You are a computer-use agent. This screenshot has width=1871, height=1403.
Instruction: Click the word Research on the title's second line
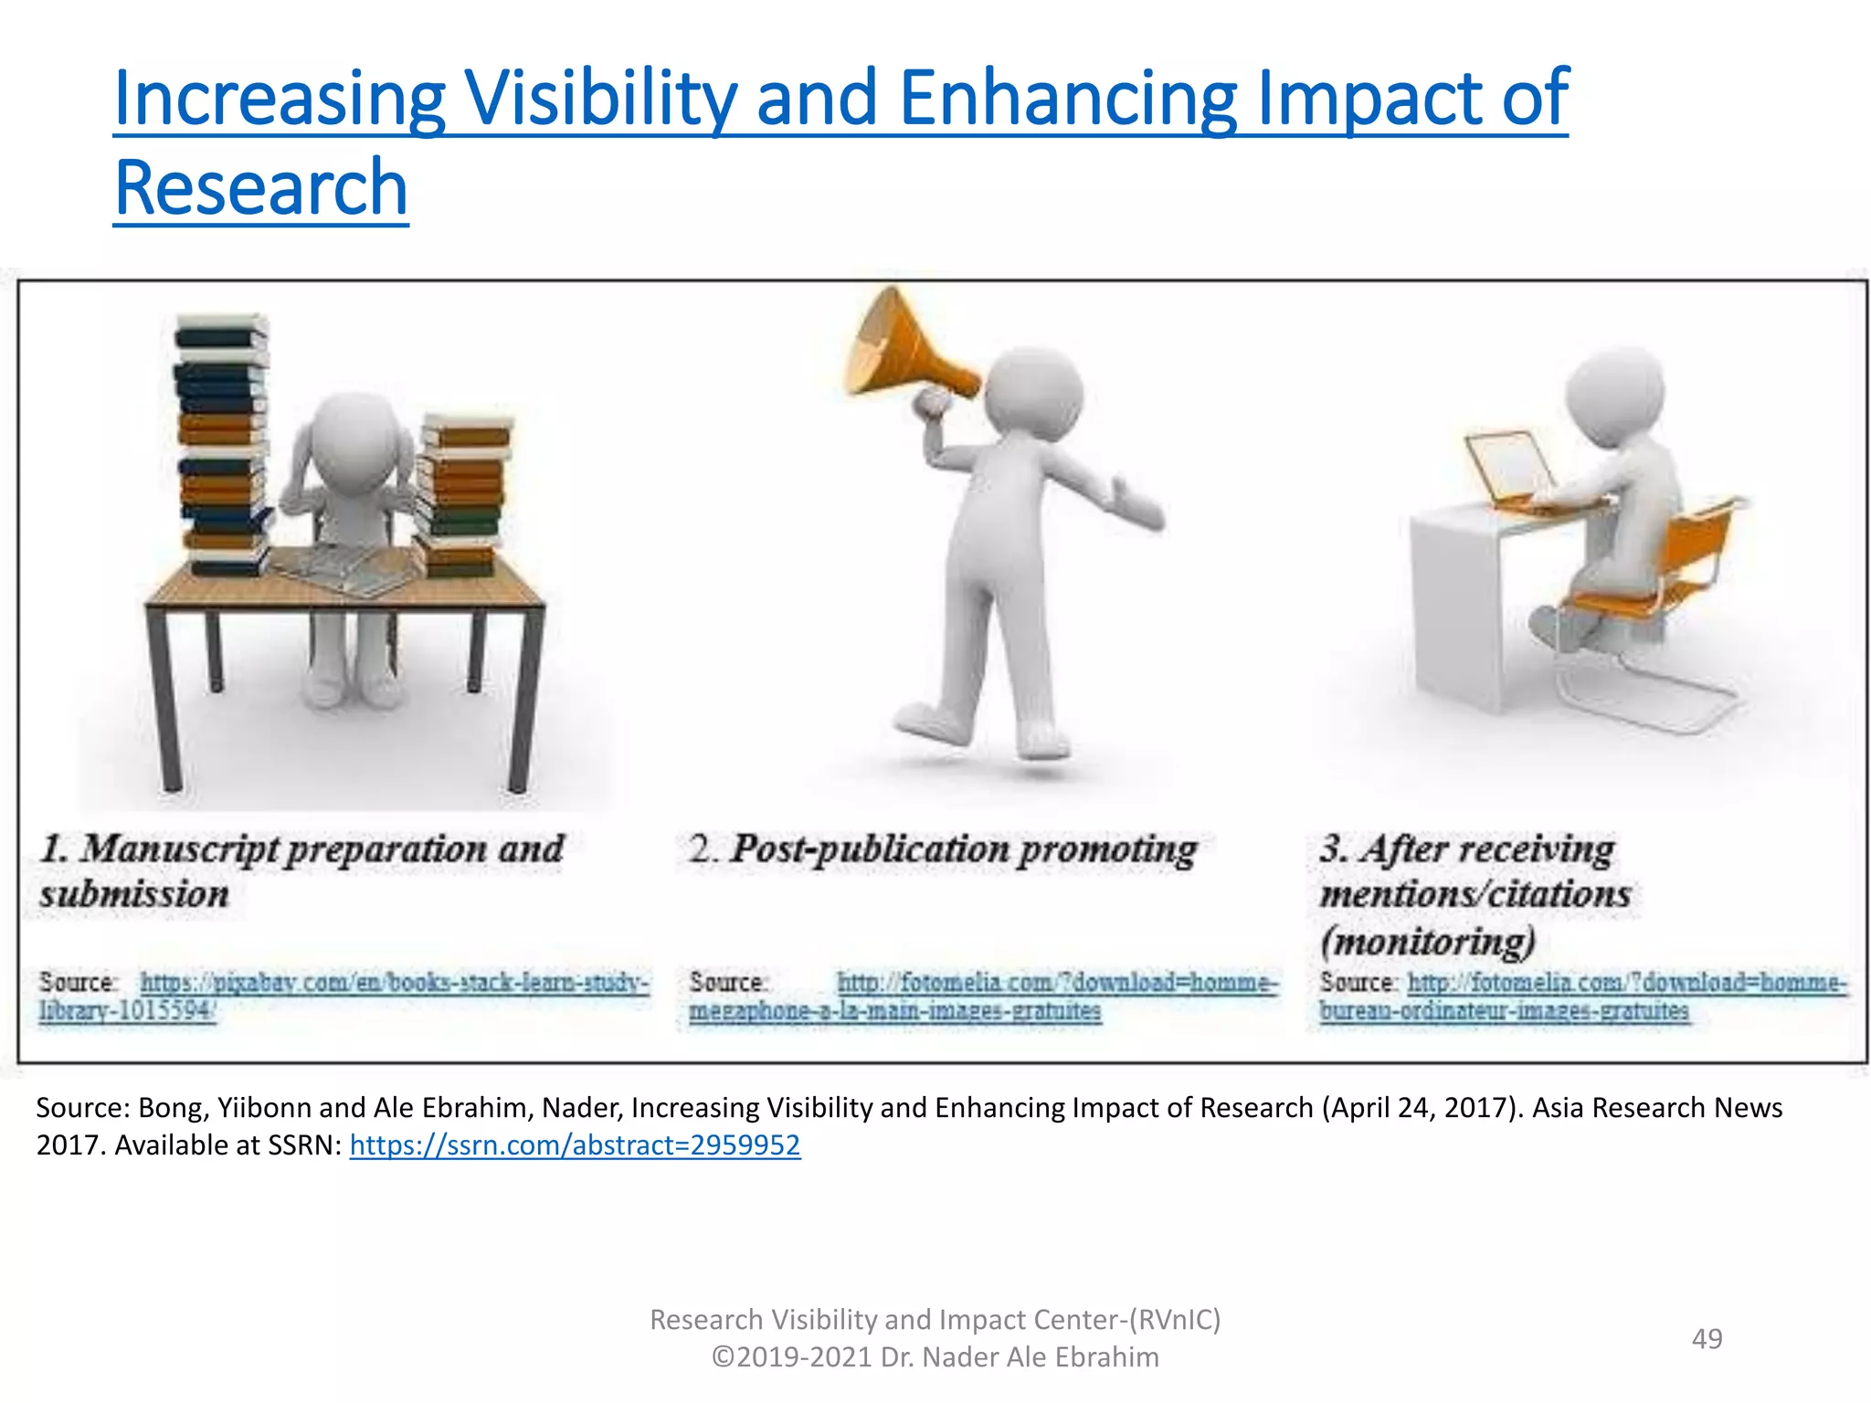coord(261,188)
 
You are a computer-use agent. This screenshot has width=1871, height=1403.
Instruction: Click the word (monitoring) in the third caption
coord(1428,941)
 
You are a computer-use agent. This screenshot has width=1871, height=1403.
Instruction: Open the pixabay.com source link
coord(394,983)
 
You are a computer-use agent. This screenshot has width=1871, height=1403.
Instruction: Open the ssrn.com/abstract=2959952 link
coord(575,1145)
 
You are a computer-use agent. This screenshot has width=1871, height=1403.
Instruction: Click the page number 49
coord(1707,1339)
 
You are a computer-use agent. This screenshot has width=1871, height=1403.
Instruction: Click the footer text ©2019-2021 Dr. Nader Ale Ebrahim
coord(935,1357)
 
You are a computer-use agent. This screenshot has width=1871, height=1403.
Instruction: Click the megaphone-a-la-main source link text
coord(894,1011)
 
